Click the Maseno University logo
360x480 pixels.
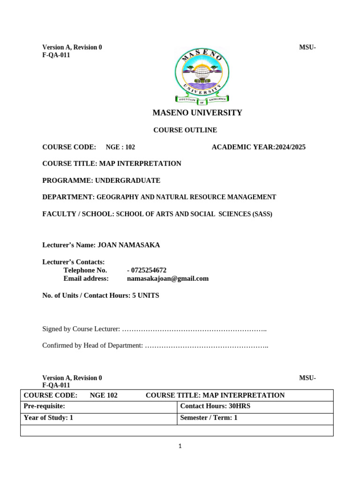click(202, 75)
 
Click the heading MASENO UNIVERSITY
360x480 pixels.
click(197, 112)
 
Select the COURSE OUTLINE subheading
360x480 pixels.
click(185, 130)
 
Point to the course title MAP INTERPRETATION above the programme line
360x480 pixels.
click(140, 164)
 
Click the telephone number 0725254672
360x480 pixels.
click(148, 270)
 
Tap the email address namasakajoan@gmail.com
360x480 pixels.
click(167, 278)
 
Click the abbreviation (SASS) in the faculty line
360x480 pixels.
click(262, 214)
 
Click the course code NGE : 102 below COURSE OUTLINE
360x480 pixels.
click(120, 147)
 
